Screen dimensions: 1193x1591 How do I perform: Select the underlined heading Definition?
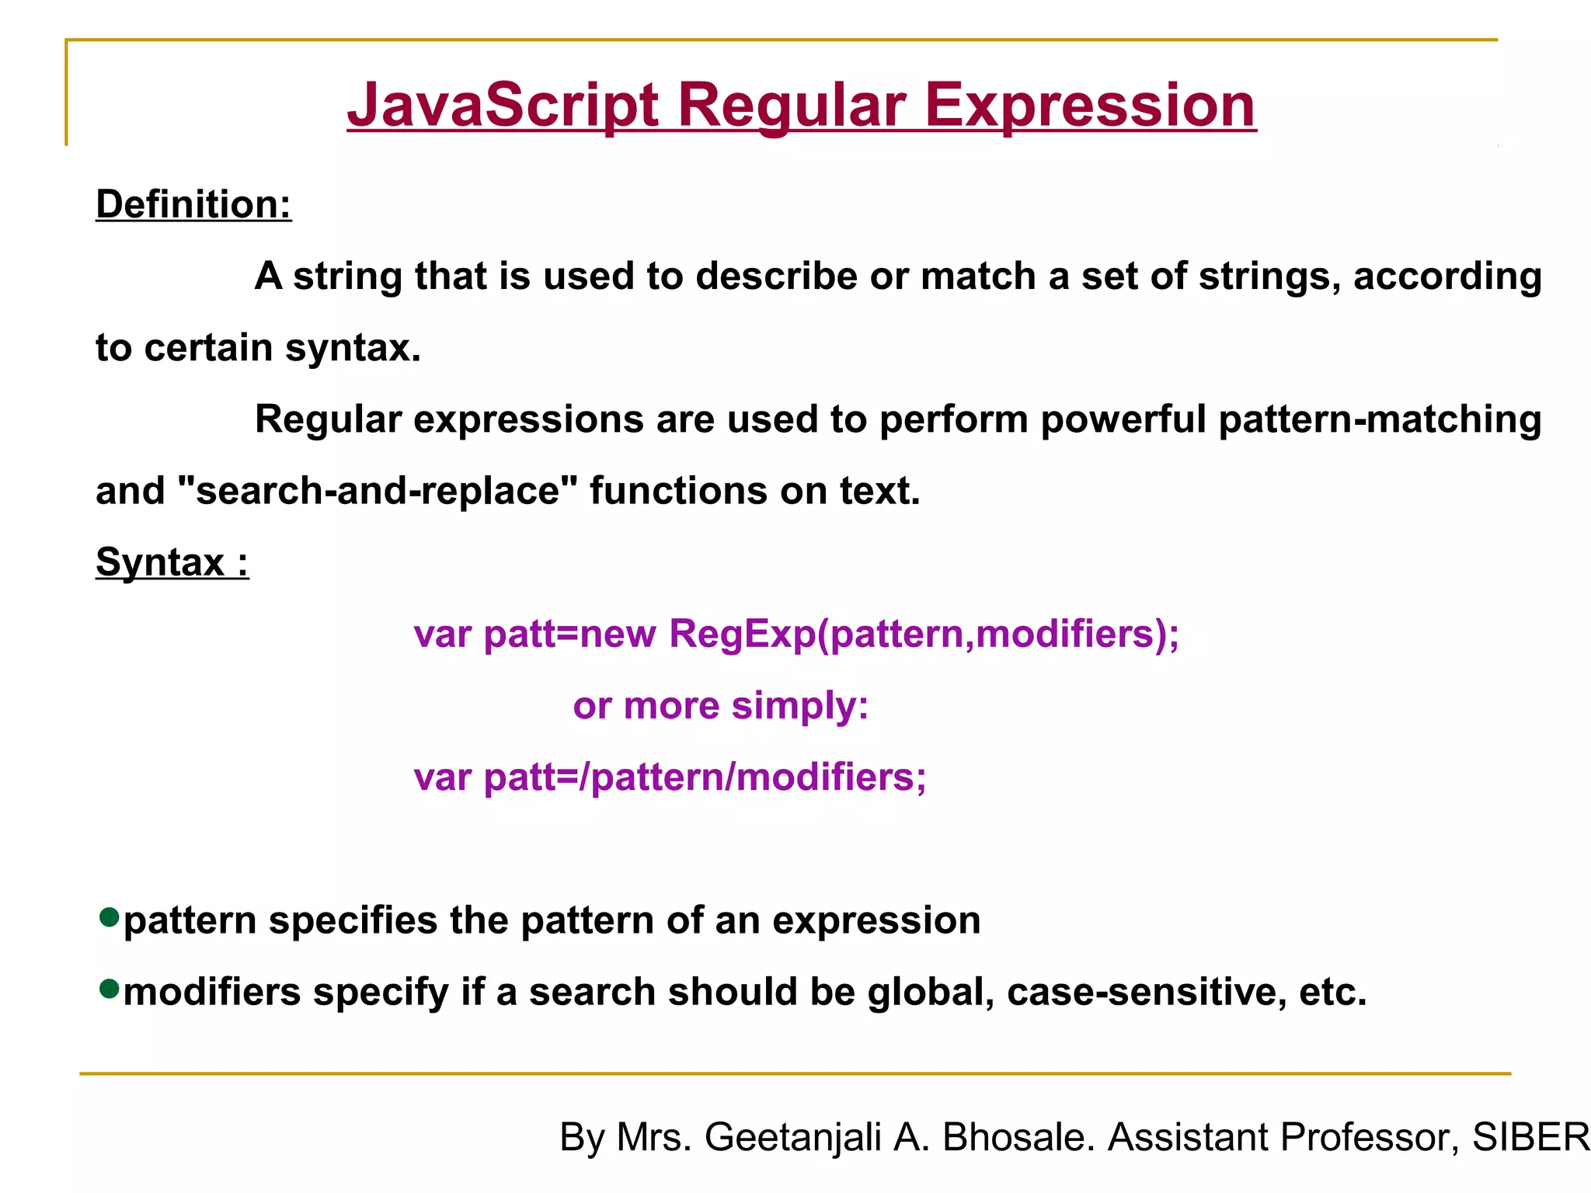[x=193, y=205]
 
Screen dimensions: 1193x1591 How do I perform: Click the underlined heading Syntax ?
[x=172, y=562]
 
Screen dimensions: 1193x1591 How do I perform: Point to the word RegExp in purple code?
[x=743, y=634]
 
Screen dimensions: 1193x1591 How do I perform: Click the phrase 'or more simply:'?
[x=720, y=706]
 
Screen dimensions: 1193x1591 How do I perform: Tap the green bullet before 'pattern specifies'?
[x=110, y=917]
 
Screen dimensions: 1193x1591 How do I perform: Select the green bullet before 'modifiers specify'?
[x=110, y=989]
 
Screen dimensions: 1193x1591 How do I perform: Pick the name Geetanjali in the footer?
[x=793, y=1137]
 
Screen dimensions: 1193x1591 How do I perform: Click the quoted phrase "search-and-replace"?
[x=378, y=491]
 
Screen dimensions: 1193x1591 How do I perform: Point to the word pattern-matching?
[x=1380, y=419]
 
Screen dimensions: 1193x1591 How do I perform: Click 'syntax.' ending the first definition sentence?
[x=353, y=348]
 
